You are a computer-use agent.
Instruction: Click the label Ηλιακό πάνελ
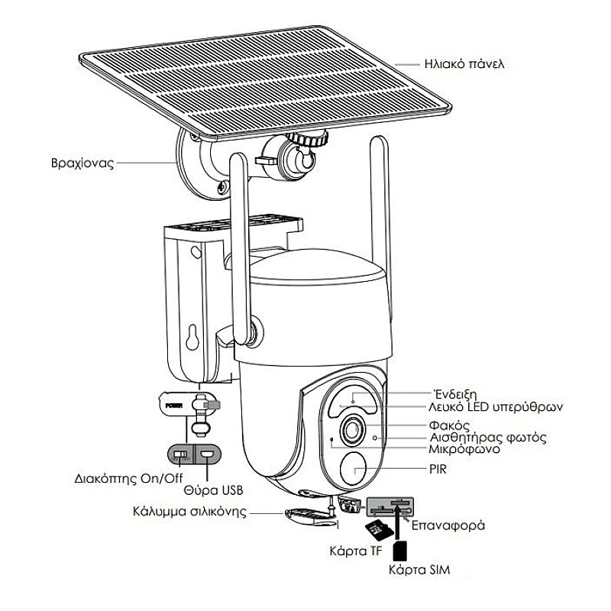tap(465, 63)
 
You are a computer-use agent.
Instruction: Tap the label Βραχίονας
tap(79, 163)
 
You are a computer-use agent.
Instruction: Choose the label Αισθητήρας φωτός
tap(487, 438)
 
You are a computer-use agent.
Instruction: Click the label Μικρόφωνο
tap(464, 449)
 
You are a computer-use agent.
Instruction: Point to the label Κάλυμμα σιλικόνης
tap(189, 511)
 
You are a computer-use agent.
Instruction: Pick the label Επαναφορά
tap(447, 526)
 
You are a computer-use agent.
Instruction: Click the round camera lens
tap(354, 429)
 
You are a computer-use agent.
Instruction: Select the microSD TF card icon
tap(377, 530)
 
